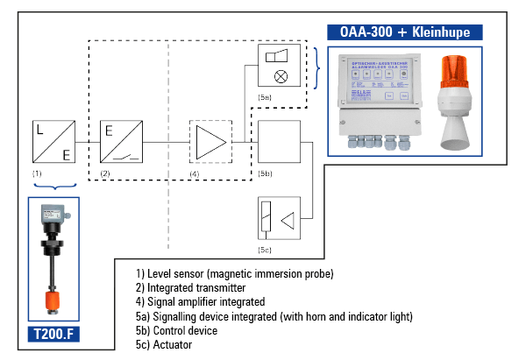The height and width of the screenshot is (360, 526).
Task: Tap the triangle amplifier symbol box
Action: (210, 140)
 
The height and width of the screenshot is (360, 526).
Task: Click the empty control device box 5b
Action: (279, 140)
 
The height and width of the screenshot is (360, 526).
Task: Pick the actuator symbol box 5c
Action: (279, 218)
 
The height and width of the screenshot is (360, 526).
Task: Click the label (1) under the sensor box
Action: (37, 174)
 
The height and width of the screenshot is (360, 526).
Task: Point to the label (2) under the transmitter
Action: (105, 174)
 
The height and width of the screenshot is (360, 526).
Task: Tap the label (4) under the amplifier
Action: (195, 174)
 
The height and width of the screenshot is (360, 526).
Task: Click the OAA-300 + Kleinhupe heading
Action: (405, 32)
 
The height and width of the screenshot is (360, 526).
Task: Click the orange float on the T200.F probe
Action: (54, 302)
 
